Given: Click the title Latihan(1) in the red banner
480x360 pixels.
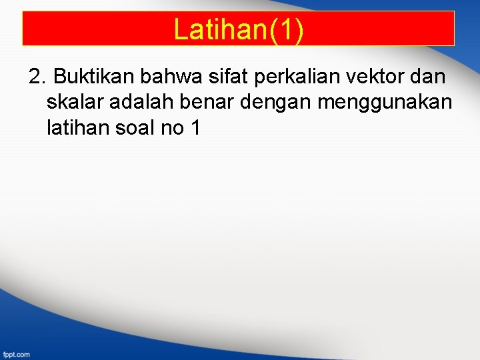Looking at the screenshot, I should [x=238, y=29].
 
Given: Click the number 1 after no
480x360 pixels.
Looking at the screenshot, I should [x=195, y=127].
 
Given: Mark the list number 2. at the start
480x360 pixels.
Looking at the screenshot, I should [x=37, y=77].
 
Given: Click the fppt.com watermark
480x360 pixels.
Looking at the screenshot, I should [x=16, y=354].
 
